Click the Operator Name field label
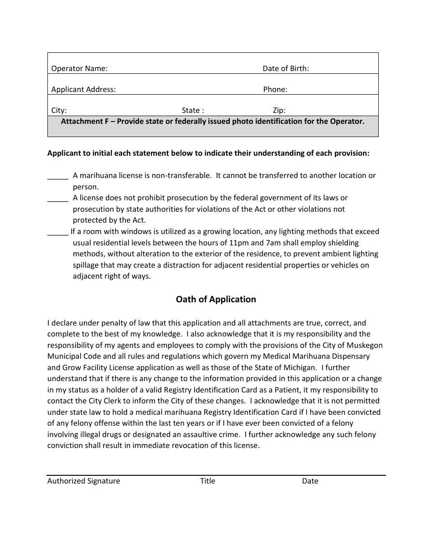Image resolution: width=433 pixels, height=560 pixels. tap(79, 69)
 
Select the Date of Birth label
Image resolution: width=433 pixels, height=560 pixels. tap(285, 69)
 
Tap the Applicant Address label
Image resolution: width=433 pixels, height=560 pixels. tap(83, 90)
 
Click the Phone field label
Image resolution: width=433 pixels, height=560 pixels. tap(275, 90)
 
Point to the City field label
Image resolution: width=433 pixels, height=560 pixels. tap(59, 111)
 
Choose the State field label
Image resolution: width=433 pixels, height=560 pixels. tap(192, 111)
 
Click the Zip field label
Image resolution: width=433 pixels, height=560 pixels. tap(279, 111)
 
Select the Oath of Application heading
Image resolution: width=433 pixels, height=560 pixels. tap(216, 300)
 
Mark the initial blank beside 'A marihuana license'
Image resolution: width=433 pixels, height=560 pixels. tap(58, 176)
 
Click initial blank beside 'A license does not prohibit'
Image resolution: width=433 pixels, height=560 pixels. tap(58, 199)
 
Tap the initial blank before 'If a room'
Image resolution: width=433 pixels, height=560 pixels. tap(58, 232)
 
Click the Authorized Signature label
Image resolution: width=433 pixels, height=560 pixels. tap(83, 481)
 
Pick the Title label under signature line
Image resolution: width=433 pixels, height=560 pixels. tap(207, 481)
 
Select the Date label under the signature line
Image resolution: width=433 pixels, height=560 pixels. tap(310, 481)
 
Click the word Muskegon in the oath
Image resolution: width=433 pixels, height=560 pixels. tap(365, 346)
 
